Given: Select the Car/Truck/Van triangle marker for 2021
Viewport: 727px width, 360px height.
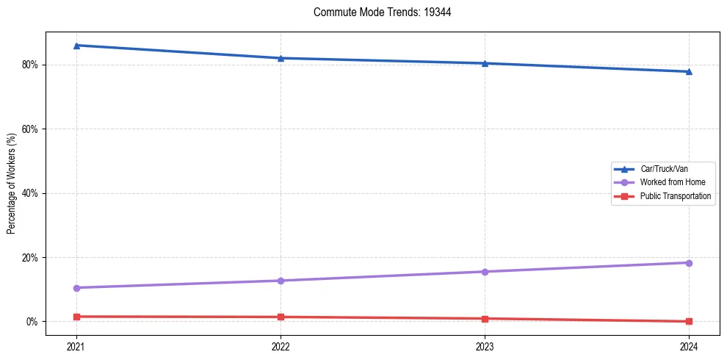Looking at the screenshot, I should [76, 46].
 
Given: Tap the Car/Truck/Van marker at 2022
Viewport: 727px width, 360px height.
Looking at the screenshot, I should [281, 58].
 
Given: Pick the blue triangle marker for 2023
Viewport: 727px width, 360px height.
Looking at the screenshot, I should [485, 63].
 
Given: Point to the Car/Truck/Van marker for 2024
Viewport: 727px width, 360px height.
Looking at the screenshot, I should [689, 71].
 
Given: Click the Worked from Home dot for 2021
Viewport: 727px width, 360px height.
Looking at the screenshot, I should [76, 288].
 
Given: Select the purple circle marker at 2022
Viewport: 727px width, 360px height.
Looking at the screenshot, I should [281, 281].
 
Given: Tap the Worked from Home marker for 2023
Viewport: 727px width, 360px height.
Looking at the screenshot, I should [485, 272].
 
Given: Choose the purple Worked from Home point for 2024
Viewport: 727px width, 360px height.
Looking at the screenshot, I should [689, 263].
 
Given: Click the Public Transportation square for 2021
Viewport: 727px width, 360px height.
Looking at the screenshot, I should [76, 317].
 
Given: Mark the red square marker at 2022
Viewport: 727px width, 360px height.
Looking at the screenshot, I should [281, 317].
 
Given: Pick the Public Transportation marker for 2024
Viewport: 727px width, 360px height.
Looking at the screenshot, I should [689, 321].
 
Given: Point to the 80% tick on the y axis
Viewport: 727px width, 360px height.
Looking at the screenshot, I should [32, 65].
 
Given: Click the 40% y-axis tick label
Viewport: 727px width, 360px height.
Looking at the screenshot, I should [32, 193].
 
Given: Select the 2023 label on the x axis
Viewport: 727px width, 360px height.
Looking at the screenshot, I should [485, 345].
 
